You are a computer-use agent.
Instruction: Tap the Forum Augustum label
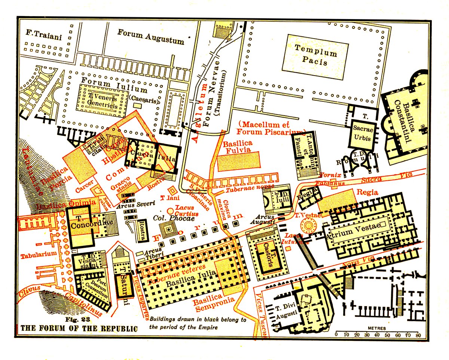pyautogui.click(x=150, y=36)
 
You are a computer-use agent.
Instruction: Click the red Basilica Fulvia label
pyautogui.click(x=238, y=147)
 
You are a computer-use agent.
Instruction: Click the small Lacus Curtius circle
pyautogui.click(x=170, y=211)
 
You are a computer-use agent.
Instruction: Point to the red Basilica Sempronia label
pyautogui.click(x=213, y=304)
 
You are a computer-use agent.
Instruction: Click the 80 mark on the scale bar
pyautogui.click(x=418, y=335)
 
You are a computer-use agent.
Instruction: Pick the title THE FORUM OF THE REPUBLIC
pyautogui.click(x=79, y=329)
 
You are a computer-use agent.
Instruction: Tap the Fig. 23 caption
pyautogui.click(x=76, y=320)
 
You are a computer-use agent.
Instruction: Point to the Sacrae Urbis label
pyautogui.click(x=362, y=134)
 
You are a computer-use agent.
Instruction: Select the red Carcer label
pyautogui.click(x=84, y=183)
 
